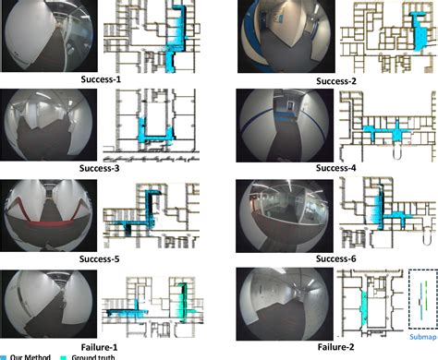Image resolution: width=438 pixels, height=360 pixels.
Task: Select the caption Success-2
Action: click(337, 81)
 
